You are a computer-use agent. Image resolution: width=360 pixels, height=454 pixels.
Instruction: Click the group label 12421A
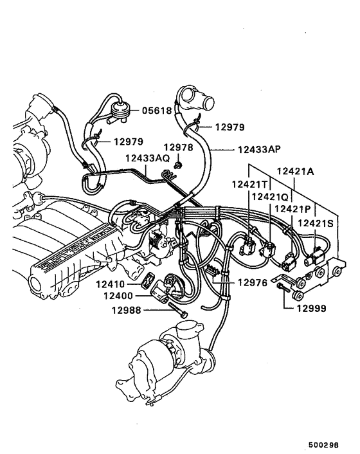coord(296,171)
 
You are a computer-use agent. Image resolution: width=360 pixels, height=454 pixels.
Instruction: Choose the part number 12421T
coord(249,185)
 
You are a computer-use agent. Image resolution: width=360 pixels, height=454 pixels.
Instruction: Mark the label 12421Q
coord(270,197)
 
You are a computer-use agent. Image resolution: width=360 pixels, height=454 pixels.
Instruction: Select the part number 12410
coord(112,284)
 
